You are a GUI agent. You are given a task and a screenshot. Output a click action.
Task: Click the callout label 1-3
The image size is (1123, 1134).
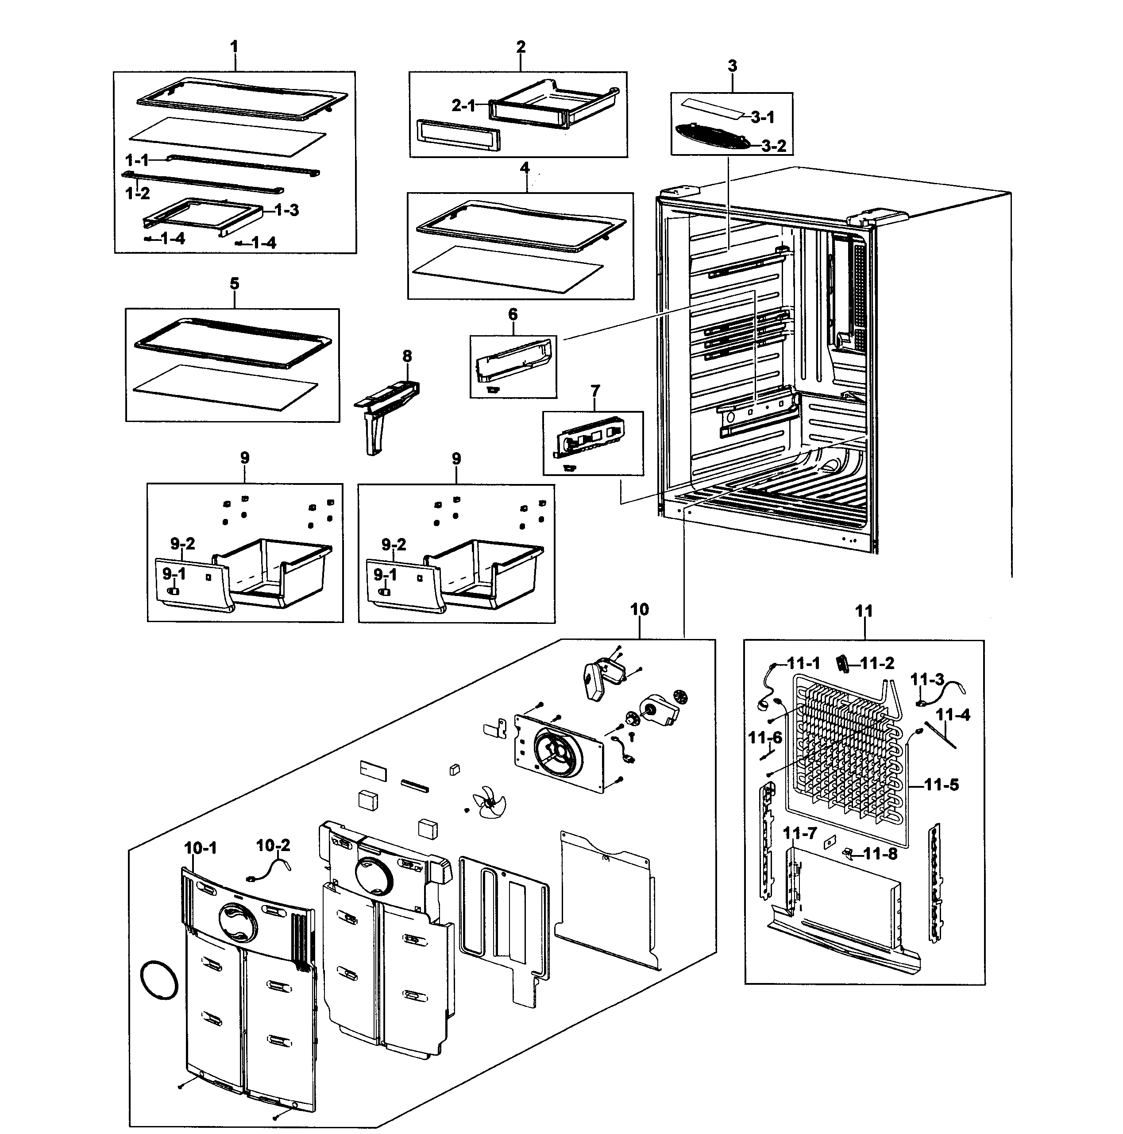[x=286, y=210]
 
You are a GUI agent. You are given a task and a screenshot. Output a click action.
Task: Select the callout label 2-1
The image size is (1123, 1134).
[x=463, y=106]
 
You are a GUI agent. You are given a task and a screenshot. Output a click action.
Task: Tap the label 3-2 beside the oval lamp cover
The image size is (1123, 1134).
[x=774, y=146]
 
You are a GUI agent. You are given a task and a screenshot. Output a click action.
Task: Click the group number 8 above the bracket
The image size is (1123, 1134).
[x=407, y=356]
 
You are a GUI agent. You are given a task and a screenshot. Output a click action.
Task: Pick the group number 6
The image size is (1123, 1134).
[x=513, y=315]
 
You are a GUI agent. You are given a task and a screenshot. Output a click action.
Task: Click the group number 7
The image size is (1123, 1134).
[x=595, y=391]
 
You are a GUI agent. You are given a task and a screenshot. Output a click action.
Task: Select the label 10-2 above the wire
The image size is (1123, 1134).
[x=274, y=846]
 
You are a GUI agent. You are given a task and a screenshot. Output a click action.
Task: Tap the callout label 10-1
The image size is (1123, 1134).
[x=201, y=848]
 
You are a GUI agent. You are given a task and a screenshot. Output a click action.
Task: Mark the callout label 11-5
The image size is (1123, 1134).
[x=941, y=785]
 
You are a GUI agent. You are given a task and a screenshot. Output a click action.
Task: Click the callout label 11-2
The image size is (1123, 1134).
[x=877, y=663]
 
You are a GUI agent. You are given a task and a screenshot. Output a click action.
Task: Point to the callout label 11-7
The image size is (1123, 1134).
[x=800, y=833]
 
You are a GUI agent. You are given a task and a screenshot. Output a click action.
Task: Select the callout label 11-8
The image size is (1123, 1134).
[x=880, y=854]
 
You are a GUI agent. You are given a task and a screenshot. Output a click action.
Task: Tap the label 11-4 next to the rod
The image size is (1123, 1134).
[x=953, y=715]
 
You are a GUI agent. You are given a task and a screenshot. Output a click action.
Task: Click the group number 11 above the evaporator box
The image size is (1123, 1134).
[x=864, y=612]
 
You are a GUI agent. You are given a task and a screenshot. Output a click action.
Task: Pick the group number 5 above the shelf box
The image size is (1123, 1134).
[x=235, y=284]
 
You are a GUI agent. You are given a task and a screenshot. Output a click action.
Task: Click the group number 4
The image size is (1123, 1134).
[x=525, y=168]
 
